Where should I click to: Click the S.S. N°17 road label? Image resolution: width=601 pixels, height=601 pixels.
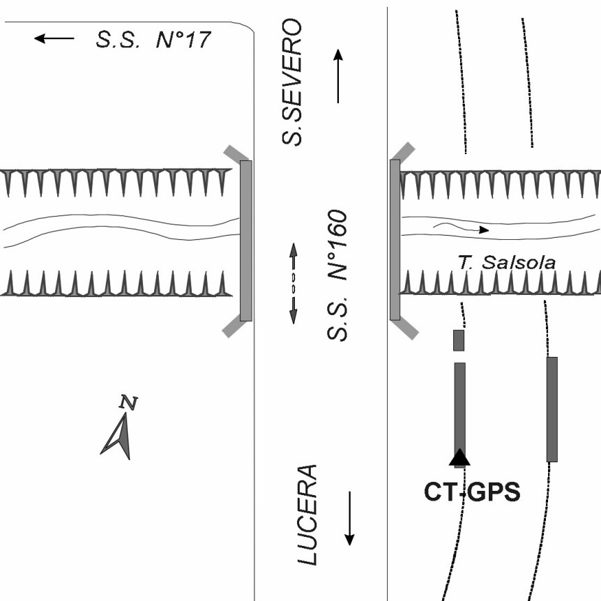(x=152, y=39)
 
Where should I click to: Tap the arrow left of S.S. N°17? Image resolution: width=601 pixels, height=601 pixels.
(x=54, y=39)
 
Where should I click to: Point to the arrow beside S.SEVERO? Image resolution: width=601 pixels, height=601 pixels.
(x=338, y=77)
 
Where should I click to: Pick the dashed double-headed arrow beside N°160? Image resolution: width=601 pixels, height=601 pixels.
(x=293, y=283)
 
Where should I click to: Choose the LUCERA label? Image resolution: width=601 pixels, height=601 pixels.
(x=307, y=515)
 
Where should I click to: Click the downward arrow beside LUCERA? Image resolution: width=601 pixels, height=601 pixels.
(x=350, y=518)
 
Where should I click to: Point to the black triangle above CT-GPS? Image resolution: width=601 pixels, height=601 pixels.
(x=459, y=457)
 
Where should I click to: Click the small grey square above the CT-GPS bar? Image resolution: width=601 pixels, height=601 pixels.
(x=459, y=340)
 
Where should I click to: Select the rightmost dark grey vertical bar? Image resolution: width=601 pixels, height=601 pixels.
(x=552, y=409)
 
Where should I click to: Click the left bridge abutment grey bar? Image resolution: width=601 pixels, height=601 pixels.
(x=245, y=241)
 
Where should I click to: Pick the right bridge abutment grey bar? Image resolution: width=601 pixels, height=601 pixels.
(x=395, y=239)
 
